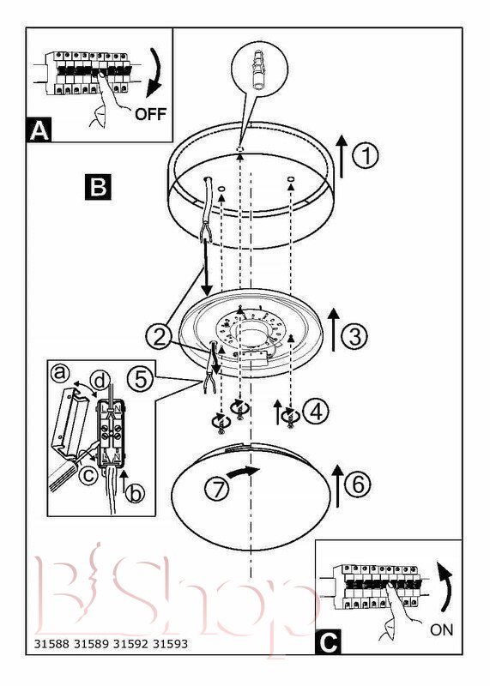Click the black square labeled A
[39, 129]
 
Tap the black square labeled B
[98, 187]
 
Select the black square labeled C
[328, 641]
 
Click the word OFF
[150, 114]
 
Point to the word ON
[441, 630]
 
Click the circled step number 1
[366, 156]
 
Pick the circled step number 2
[159, 337]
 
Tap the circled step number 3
[354, 336]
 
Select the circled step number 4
[316, 412]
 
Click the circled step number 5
[141, 379]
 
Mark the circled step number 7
[217, 489]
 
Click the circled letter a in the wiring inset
[60, 373]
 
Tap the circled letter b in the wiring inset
[135, 494]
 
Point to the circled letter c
[88, 474]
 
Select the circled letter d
[100, 381]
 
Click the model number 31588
[51, 644]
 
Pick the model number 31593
[170, 644]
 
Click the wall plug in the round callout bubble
[258, 69]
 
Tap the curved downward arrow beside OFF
[155, 72]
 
